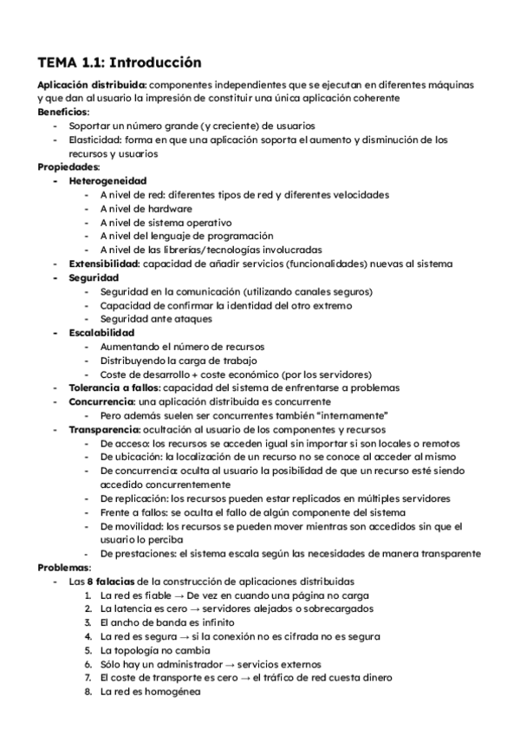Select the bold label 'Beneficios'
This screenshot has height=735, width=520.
(x=63, y=112)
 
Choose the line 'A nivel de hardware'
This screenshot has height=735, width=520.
(x=146, y=208)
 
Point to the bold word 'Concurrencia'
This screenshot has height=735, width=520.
(x=100, y=401)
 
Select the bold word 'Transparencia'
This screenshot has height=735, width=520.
(x=103, y=429)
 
